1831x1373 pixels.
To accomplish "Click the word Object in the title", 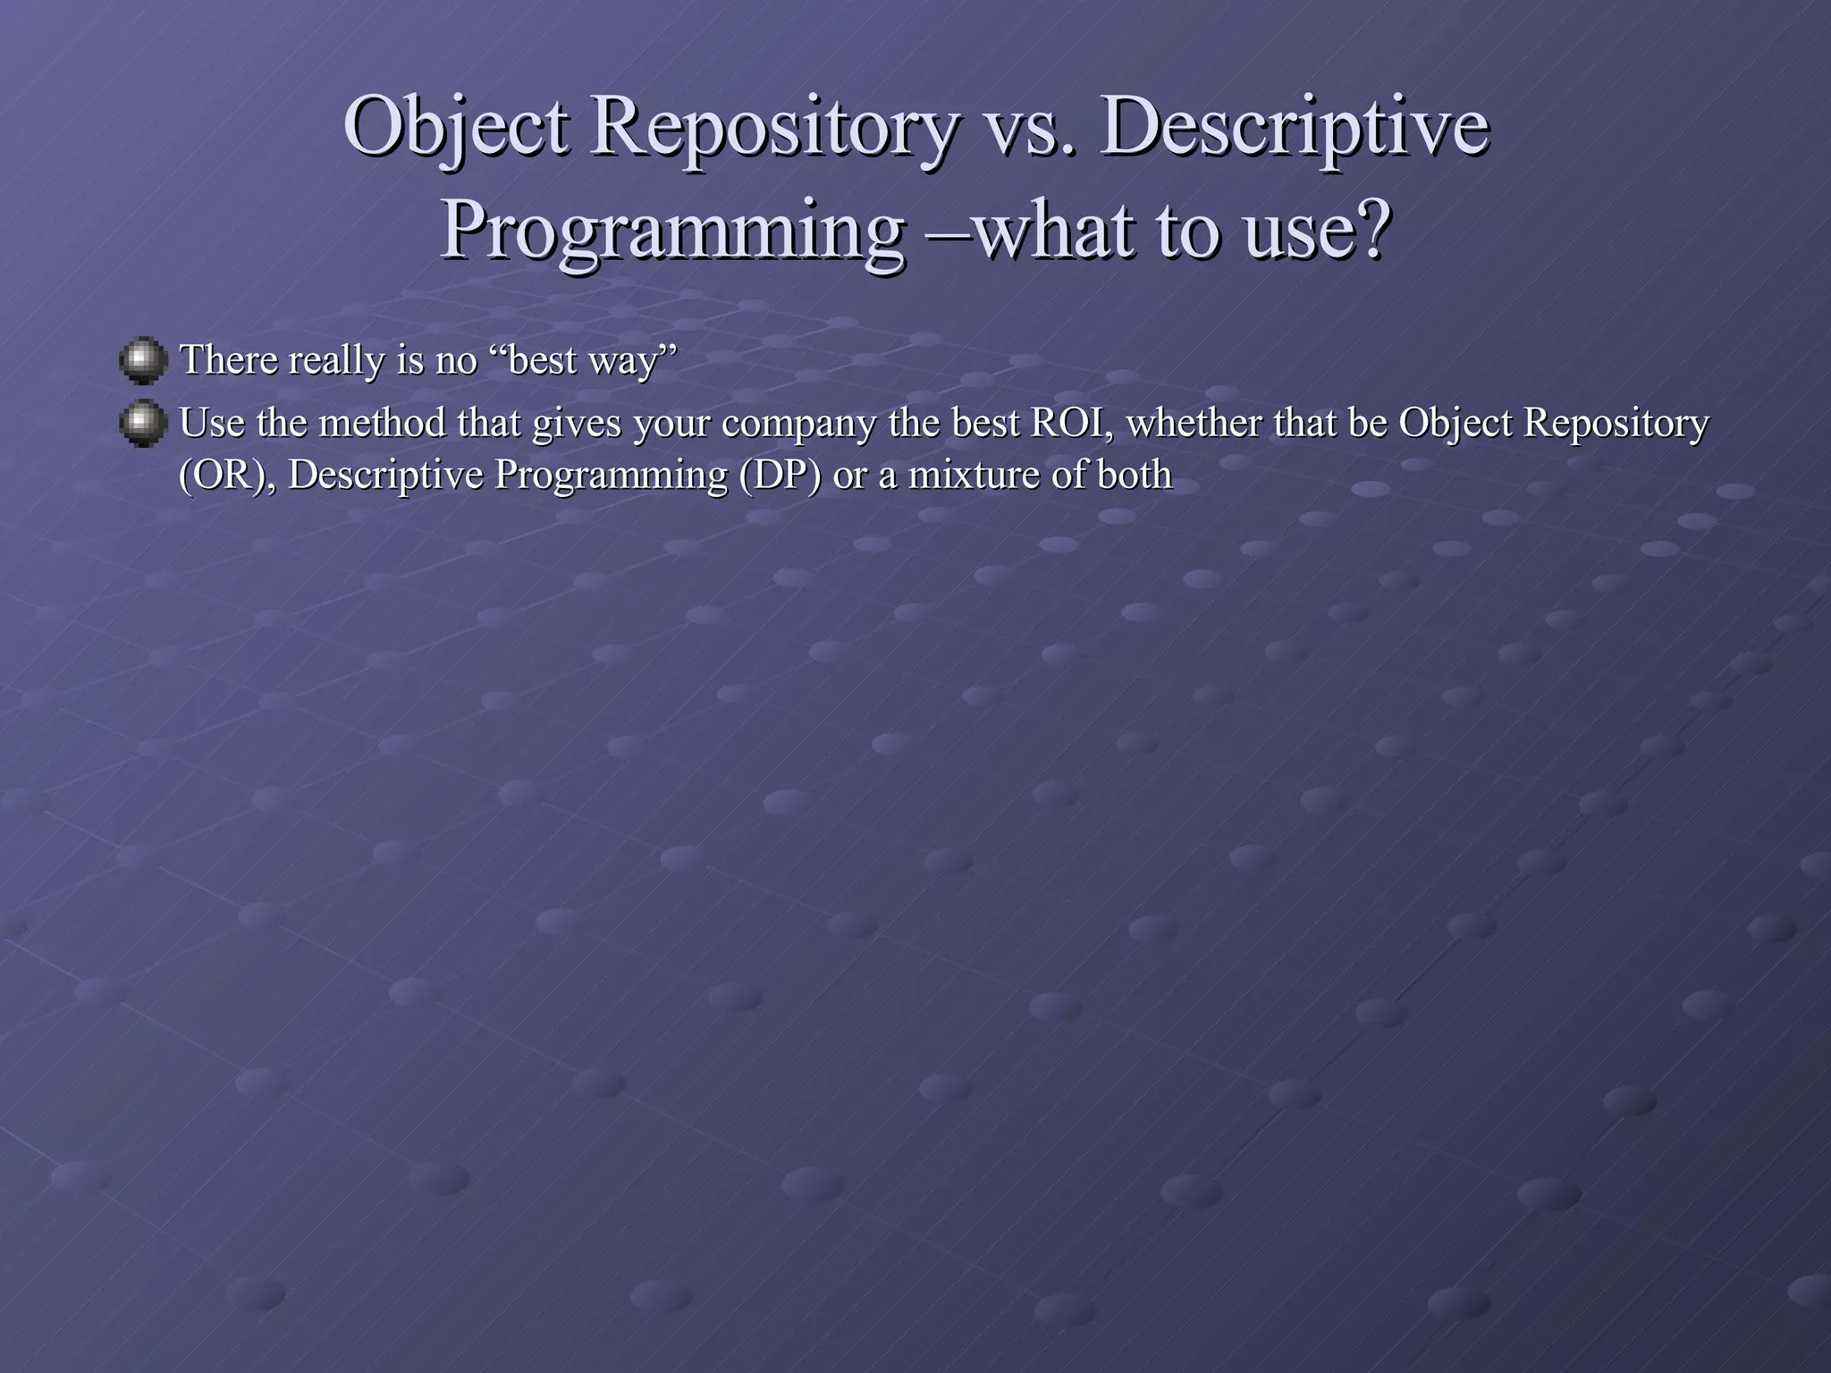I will coord(456,128).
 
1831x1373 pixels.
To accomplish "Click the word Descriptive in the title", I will coord(1295,128).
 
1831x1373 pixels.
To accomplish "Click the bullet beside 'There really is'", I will coord(143,359).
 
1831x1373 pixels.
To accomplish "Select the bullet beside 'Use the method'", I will coord(143,423).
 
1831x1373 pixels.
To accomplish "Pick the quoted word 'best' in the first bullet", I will coord(542,359).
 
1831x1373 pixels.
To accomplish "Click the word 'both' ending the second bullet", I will coord(1135,475).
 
